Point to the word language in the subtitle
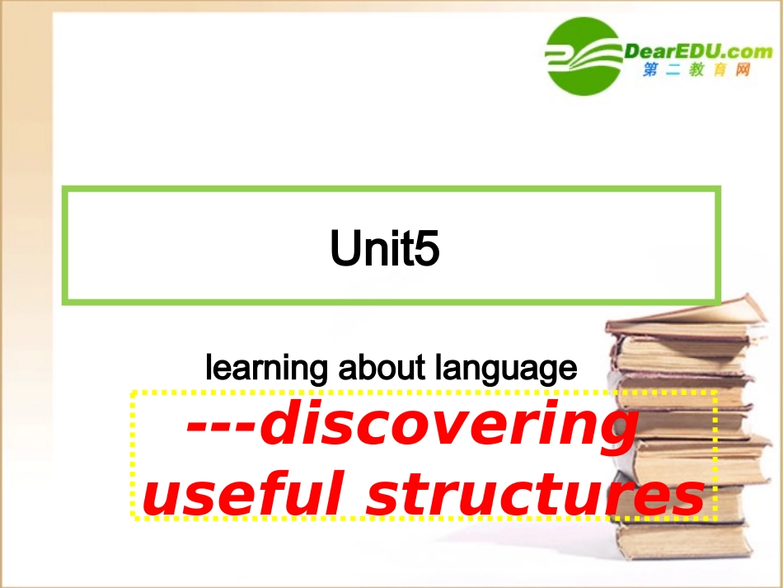pos(511,368)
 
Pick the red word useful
pos(246,494)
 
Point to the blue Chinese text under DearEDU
pos(696,71)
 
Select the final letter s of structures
pos(689,496)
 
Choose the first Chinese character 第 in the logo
pos(650,71)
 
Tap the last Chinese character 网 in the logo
pos(743,71)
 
